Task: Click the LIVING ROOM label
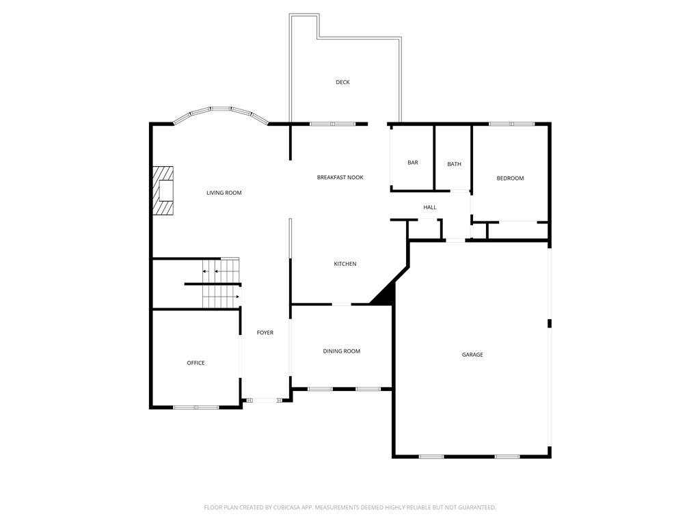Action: click(x=224, y=193)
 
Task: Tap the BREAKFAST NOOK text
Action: click(x=340, y=177)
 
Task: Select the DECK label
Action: click(x=342, y=82)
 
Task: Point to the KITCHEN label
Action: click(x=345, y=264)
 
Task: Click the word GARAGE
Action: click(x=472, y=355)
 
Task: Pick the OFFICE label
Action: click(x=196, y=363)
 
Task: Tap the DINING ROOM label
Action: click(x=342, y=351)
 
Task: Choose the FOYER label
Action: click(x=265, y=333)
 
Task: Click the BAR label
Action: click(x=412, y=163)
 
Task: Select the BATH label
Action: click(x=454, y=164)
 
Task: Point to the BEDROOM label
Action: click(x=510, y=178)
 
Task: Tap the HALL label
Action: click(x=429, y=207)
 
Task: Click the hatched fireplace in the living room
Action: click(x=163, y=191)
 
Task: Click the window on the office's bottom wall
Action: click(x=196, y=407)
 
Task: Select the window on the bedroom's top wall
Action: click(x=511, y=124)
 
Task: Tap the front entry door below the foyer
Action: click(x=265, y=401)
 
